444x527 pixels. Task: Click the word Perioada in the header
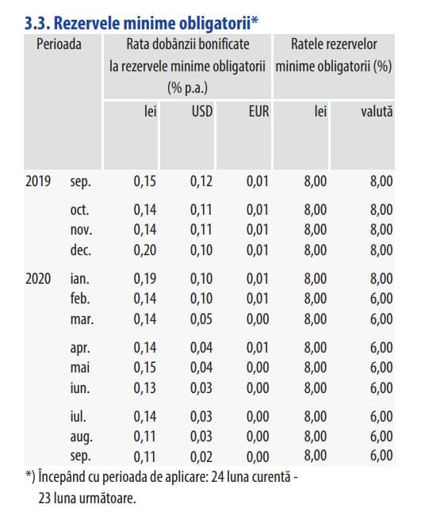click(x=59, y=44)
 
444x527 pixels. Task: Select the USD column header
click(x=202, y=112)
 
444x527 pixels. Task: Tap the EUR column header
click(x=258, y=112)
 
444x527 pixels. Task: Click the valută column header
click(x=377, y=112)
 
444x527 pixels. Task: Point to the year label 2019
click(x=38, y=181)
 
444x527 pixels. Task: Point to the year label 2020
click(x=38, y=279)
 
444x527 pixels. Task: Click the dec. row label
click(x=81, y=250)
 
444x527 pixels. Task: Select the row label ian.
click(x=80, y=279)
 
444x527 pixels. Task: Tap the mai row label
click(x=80, y=368)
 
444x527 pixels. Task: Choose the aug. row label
click(x=82, y=437)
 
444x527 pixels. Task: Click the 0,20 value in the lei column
click(x=145, y=250)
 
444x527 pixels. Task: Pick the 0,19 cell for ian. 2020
click(x=145, y=279)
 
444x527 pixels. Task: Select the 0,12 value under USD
click(x=201, y=181)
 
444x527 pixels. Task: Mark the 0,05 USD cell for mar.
click(x=201, y=319)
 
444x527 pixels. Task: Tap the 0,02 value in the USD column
click(x=201, y=456)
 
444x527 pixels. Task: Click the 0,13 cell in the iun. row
click(x=145, y=388)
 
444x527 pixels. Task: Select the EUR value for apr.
click(x=258, y=348)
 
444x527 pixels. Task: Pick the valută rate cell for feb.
click(x=381, y=299)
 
